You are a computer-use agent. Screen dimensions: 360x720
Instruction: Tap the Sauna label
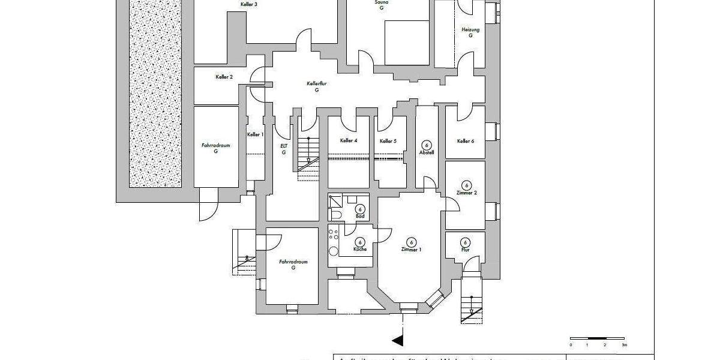382,2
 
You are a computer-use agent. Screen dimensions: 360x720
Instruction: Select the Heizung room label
470,30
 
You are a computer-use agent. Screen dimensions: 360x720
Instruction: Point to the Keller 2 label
224,77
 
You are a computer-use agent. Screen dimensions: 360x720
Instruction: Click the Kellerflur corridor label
316,84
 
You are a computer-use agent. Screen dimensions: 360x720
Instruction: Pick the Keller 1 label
255,134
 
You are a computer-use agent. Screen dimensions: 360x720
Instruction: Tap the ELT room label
284,146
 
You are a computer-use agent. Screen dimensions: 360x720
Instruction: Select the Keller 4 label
348,140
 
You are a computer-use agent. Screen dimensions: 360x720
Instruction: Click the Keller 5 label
388,141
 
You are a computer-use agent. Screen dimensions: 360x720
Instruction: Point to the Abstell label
427,152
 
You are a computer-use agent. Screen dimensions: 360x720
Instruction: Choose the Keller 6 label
465,141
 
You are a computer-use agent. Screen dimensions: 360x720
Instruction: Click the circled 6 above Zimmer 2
466,185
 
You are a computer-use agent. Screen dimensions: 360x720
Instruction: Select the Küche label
360,248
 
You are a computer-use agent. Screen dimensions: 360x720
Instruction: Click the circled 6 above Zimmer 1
412,241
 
